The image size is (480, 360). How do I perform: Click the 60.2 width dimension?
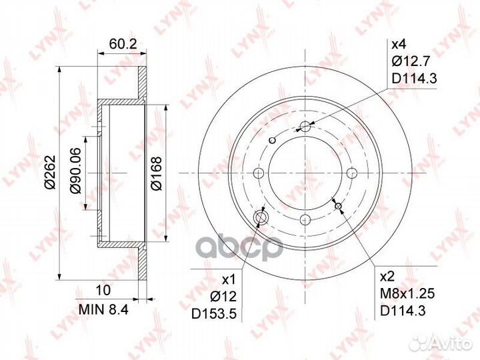[123, 45]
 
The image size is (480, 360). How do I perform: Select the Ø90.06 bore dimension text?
[75, 171]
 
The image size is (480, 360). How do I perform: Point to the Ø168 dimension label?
[157, 173]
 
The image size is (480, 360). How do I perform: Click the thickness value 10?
[103, 290]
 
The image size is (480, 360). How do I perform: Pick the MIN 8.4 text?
[103, 310]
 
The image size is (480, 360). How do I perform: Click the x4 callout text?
[399, 45]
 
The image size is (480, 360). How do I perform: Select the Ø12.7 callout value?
[411, 62]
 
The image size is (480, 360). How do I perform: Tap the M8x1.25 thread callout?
[407, 294]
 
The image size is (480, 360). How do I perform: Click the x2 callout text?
[387, 277]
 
